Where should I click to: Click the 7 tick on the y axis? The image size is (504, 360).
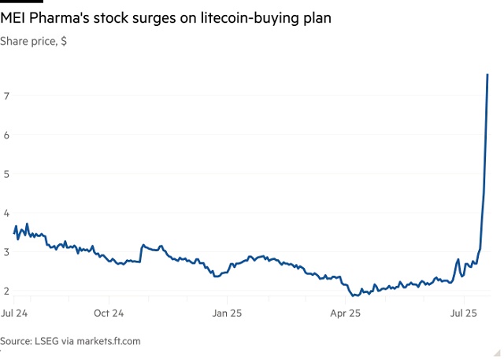[6, 96]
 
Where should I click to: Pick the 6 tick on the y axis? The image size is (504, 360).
[6, 135]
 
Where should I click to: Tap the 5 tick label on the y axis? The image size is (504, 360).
[6, 174]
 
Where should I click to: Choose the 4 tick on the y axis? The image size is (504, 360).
[6, 213]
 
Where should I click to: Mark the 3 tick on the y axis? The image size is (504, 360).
[6, 252]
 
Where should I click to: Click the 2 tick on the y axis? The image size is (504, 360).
[6, 291]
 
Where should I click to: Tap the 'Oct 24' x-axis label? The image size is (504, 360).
[109, 314]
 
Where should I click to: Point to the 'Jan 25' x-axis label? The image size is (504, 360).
[228, 314]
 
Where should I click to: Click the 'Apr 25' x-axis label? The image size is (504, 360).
[345, 314]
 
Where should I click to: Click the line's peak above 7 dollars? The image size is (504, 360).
[488, 75]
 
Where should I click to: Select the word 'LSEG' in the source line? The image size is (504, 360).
[47, 341]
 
